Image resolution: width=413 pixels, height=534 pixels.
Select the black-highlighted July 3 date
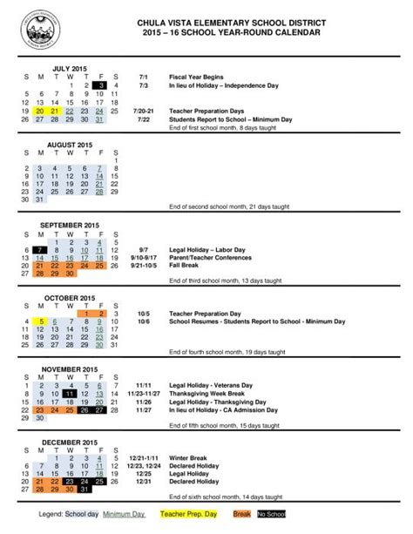(x=100, y=85)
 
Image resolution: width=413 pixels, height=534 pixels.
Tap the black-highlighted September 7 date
(x=41, y=250)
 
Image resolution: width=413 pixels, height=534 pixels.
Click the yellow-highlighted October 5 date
(x=41, y=321)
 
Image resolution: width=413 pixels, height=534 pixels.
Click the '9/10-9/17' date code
(x=144, y=257)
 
